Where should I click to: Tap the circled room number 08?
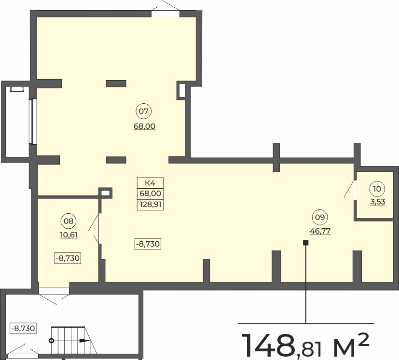coord(69,222)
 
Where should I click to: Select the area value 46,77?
coord(319,231)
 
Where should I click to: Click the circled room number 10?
coord(377,188)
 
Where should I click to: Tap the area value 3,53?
coord(377,202)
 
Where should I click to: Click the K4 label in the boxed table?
coord(150,183)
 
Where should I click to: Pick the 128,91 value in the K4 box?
coord(150,205)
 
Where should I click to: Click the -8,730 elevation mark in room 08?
coord(68,258)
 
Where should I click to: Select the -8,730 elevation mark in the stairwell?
coord(23,328)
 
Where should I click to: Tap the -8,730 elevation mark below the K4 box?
coord(147,244)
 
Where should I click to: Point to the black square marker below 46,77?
coord(305,243)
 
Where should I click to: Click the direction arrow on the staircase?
coord(84,341)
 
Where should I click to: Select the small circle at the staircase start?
coord(52,340)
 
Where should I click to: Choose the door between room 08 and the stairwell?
coord(54,291)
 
